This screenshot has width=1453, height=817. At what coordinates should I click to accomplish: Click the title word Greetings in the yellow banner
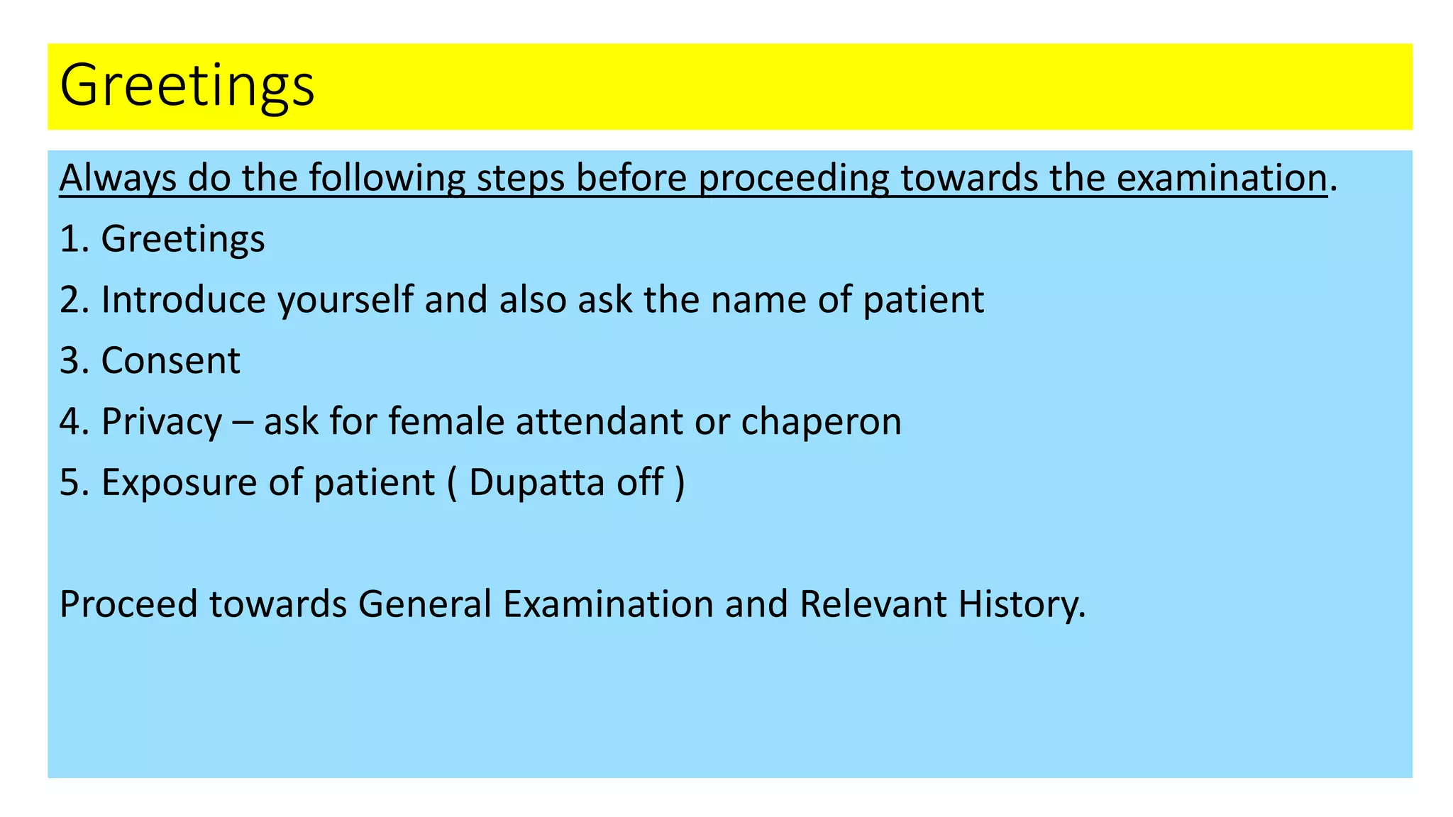point(187,86)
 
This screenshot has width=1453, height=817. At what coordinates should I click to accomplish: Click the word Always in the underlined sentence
point(118,178)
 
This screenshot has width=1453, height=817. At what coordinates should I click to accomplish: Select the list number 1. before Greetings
point(74,239)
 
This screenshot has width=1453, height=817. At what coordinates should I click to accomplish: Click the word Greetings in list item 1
point(183,240)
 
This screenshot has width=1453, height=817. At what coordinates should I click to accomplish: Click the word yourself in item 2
point(346,301)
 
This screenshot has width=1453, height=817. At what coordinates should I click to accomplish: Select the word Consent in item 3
point(170,361)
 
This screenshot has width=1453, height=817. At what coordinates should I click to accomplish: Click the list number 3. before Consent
point(74,361)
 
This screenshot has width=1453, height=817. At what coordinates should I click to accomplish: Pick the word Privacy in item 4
point(162,423)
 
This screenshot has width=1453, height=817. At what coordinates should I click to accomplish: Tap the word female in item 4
point(446,421)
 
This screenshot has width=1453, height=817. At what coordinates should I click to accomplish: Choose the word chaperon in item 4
point(821,423)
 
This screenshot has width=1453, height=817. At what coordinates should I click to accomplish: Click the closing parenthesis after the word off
point(680,483)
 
